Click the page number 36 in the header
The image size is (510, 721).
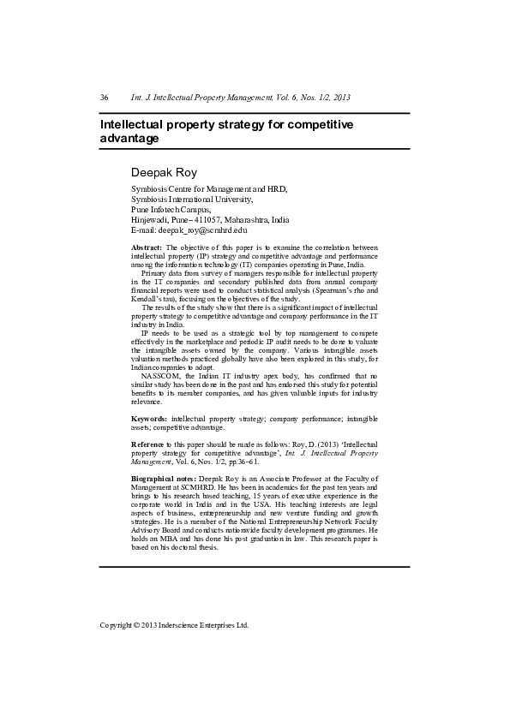point(104,98)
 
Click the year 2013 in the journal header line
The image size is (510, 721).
point(340,98)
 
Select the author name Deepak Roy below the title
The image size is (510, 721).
point(164,172)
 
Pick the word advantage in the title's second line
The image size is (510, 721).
point(129,138)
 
